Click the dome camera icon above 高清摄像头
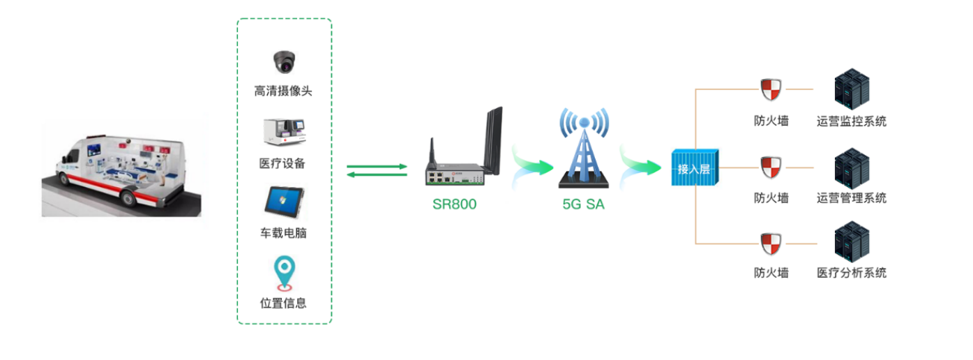click(284, 61)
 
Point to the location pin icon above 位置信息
click(284, 273)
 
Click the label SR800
click(454, 204)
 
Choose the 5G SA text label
click(584, 204)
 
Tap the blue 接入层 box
click(694, 167)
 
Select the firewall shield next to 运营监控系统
click(771, 91)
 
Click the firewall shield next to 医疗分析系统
click(771, 243)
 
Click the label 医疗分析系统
click(852, 273)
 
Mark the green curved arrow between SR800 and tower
click(531, 166)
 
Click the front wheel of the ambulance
click(128, 197)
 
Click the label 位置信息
click(283, 303)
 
